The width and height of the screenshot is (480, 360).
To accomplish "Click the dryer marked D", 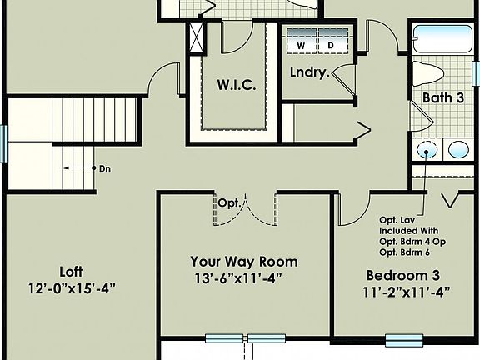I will pos(330,44).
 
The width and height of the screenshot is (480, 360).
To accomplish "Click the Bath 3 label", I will pos(442,97).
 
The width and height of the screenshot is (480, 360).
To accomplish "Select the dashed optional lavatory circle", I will pos(427,151).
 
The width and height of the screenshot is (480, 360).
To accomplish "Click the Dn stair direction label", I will pos(105,168).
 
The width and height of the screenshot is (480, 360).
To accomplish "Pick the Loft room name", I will pos(70,272).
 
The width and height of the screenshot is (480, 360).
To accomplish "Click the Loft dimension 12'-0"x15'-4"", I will pos(70,288).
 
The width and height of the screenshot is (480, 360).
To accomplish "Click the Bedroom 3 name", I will pos(403,275).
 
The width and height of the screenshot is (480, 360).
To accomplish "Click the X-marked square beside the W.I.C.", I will pos(197,39).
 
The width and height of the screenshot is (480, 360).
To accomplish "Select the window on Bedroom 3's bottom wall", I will pos(403,339).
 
